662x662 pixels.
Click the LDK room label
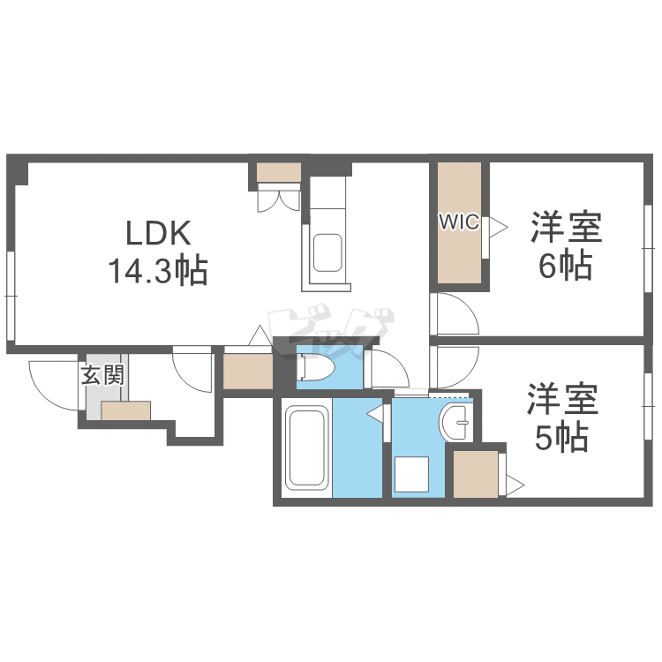(x=158, y=233)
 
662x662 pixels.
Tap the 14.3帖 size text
(x=157, y=270)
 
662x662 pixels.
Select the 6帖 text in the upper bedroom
(x=566, y=266)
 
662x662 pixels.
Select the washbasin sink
(x=458, y=425)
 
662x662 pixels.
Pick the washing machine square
(x=411, y=475)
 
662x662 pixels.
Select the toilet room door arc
(x=385, y=369)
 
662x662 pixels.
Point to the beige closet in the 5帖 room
(x=476, y=474)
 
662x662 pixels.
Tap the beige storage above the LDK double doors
(x=279, y=173)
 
